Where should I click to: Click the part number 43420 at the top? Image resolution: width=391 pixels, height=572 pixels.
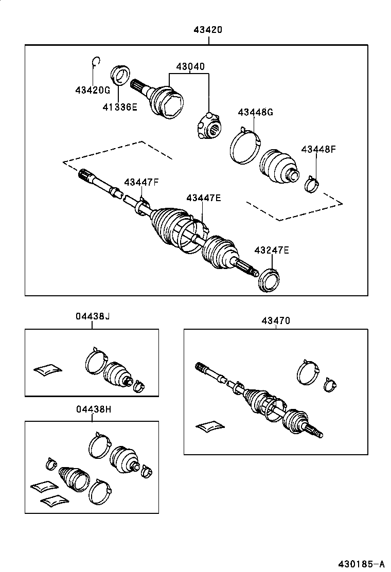[x=208, y=30]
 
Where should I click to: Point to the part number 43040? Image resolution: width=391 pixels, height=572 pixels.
[x=190, y=66]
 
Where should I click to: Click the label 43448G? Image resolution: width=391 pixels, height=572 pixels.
[x=255, y=112]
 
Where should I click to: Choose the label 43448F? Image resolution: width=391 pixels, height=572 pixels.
[x=318, y=149]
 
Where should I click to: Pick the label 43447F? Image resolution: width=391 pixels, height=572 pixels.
[x=141, y=182]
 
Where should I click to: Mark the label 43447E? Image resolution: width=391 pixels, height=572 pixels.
[x=204, y=198]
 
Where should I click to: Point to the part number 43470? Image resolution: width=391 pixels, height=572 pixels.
[x=276, y=320]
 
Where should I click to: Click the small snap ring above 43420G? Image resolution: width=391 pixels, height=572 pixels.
[x=95, y=62]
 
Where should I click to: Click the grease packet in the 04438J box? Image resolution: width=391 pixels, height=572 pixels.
[x=47, y=368]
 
